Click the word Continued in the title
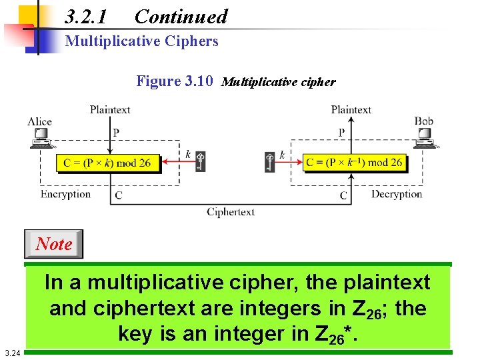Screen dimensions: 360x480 coord(181,16)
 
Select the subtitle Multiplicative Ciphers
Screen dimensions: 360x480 coord(141,41)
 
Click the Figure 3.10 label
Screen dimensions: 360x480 coord(175,81)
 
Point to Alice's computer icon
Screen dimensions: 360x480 coord(41,137)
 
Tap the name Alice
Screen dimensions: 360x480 coord(39,121)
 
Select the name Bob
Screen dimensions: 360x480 coord(424,121)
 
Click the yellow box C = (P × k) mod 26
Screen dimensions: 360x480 coord(107,163)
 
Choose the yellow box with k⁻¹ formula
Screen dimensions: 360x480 coord(353,162)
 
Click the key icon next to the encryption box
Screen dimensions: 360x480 coord(200,161)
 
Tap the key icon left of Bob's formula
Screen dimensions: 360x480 coord(269,161)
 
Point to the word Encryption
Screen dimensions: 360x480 coord(65,194)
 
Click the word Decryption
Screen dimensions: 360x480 coord(397,194)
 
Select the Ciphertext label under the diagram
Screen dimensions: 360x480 coord(231,212)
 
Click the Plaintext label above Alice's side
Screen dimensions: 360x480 coord(110,109)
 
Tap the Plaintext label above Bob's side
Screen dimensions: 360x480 coord(351,109)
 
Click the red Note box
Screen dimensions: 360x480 coord(54,244)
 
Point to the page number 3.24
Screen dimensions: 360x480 coord(11,353)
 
